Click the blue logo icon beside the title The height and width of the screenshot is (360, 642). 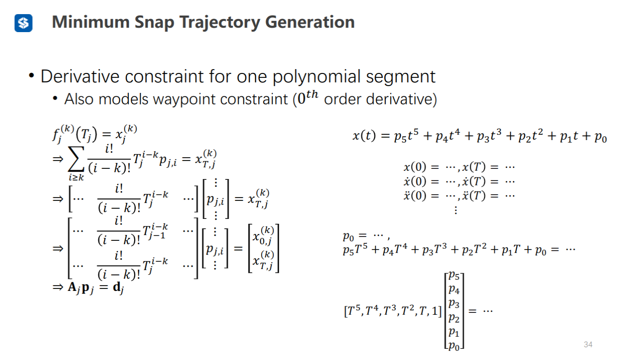pyautogui.click(x=23, y=23)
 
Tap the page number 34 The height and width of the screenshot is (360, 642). pyautogui.click(x=588, y=345)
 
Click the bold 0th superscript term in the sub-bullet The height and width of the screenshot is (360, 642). pyautogui.click(x=308, y=98)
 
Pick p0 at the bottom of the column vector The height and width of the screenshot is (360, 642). pyautogui.click(x=455, y=346)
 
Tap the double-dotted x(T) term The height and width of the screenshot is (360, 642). pyautogui.click(x=476, y=196)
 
